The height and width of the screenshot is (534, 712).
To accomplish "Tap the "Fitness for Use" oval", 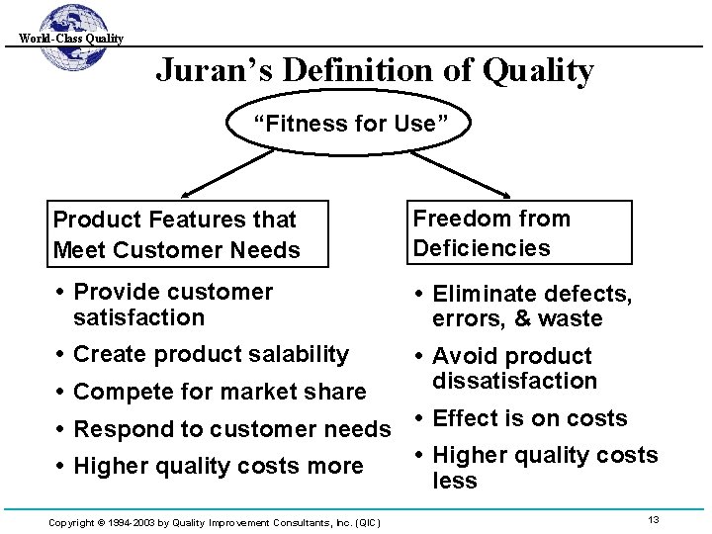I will point(344,124).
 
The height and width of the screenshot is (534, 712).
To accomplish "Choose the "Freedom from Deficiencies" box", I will point(518,232).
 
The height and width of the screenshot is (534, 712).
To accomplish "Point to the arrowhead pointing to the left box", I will point(184,197).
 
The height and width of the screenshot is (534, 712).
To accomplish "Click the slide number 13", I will point(654,520).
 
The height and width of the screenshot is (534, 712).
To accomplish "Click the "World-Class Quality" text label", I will point(70,39).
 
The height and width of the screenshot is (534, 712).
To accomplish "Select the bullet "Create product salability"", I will point(211,354).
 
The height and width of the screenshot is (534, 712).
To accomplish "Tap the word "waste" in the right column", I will point(573,318).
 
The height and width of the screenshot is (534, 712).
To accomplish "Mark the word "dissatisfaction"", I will point(514,381).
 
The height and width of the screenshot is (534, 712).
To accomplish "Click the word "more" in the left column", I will point(336,467).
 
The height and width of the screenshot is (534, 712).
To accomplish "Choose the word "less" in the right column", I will point(455,481).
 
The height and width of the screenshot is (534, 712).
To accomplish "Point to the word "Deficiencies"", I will point(482,247).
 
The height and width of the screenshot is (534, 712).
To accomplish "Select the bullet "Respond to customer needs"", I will point(232,429).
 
